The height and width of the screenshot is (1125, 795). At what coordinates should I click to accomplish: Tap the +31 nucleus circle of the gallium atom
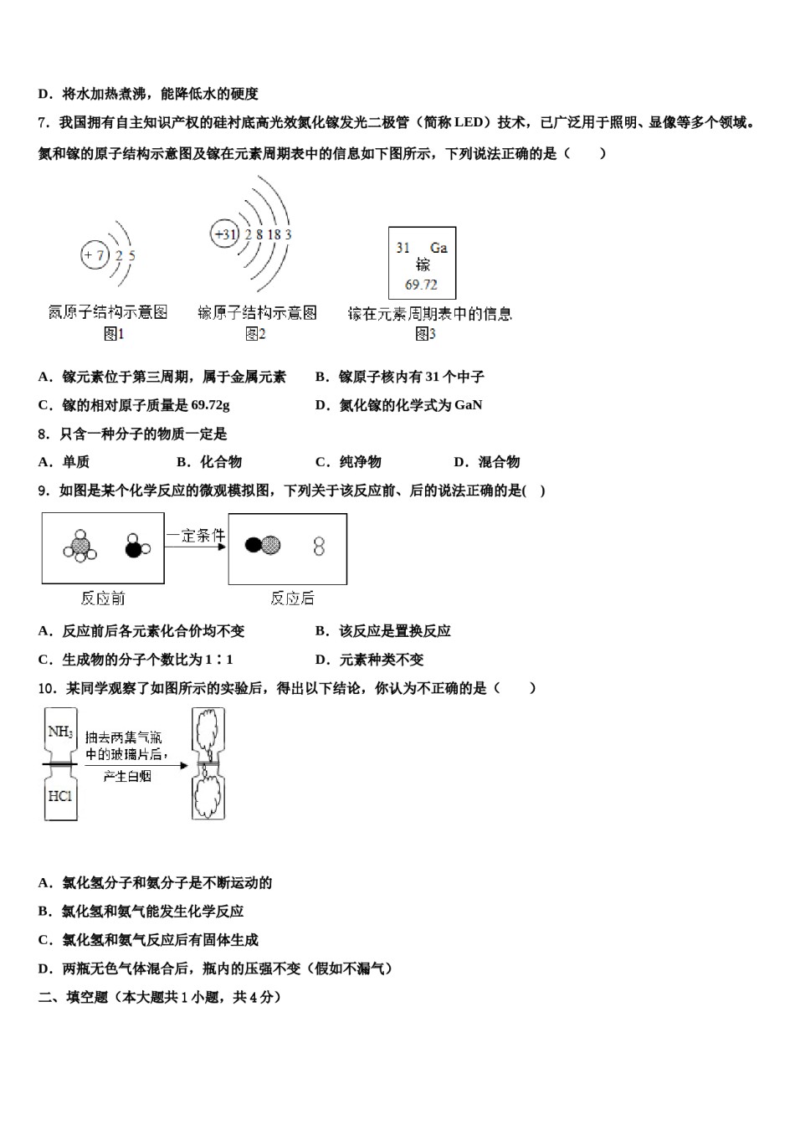coord(225,234)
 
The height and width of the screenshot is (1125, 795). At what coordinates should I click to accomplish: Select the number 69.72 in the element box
coord(421,285)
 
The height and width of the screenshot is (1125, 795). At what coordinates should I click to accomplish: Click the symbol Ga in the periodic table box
coord(439,248)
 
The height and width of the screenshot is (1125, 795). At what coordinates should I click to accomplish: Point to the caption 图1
coord(114,334)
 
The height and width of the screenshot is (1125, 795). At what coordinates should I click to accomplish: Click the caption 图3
coord(425,334)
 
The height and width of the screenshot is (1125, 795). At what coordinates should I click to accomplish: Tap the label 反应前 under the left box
coord(103,598)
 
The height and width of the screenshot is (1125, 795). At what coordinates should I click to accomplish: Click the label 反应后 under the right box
coord(292,598)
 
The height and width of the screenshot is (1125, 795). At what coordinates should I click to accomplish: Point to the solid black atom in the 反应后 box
coord(253,546)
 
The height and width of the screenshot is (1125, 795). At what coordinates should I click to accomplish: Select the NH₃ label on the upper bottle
coord(60,732)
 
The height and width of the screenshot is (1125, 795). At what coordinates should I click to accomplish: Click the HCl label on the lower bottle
coord(60,795)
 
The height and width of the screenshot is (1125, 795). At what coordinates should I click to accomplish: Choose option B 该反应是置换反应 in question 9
coord(382,631)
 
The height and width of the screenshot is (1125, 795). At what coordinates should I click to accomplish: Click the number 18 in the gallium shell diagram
coord(274,234)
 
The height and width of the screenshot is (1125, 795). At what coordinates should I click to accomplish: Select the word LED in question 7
coord(469,122)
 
